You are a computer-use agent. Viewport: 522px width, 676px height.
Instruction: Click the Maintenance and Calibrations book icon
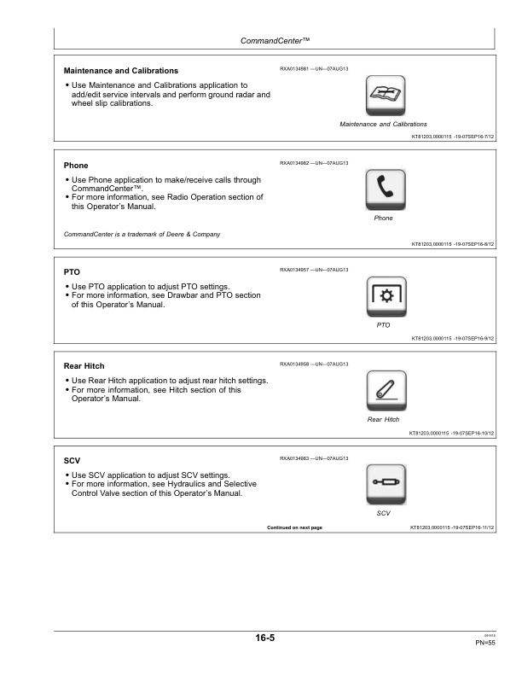(386, 96)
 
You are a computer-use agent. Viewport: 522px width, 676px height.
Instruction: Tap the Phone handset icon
(386, 189)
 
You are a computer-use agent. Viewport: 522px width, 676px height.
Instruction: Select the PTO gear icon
(386, 297)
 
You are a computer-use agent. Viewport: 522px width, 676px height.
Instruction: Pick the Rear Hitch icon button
(386, 391)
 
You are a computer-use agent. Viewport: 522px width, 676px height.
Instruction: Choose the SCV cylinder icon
(386, 485)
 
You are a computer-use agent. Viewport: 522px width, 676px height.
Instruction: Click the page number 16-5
(265, 638)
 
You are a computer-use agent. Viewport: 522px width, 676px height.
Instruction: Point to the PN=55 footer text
(485, 643)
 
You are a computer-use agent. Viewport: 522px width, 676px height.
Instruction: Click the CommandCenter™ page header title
(275, 41)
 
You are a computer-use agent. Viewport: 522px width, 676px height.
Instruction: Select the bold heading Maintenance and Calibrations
(121, 71)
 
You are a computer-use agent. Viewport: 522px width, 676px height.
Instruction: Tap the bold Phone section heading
(76, 166)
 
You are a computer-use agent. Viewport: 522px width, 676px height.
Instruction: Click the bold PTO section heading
(72, 272)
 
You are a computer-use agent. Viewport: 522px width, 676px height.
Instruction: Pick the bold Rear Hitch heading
(84, 366)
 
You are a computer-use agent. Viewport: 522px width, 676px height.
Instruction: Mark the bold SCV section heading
(72, 460)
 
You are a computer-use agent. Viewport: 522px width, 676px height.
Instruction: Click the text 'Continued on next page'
(294, 527)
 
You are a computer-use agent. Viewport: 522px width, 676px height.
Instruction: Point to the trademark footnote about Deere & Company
(142, 234)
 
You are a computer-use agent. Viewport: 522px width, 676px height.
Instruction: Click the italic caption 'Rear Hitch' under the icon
(383, 419)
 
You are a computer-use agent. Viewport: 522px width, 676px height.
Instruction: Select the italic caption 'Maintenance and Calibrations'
(383, 124)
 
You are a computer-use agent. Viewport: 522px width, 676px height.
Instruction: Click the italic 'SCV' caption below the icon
(383, 514)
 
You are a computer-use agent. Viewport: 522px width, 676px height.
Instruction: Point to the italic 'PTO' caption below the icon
(383, 325)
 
